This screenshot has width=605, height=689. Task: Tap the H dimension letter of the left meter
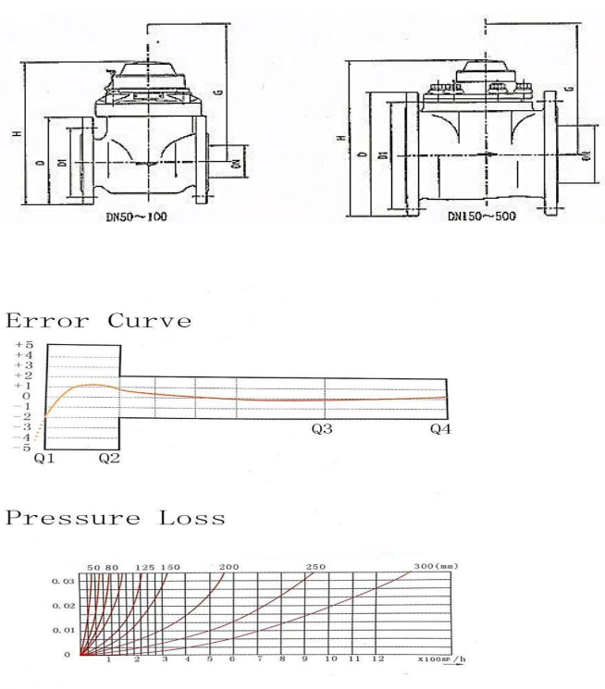point(17,134)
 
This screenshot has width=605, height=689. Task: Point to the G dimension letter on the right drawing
point(567,89)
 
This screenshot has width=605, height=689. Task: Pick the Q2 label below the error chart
point(109,458)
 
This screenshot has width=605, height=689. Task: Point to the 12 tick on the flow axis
point(377,660)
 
